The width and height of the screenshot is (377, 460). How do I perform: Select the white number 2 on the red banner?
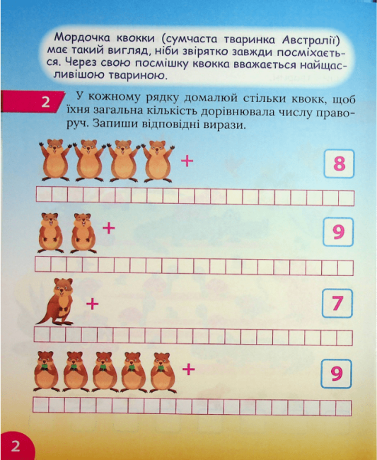pos(45,103)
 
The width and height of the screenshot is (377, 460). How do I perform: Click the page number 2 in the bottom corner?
pos(16,446)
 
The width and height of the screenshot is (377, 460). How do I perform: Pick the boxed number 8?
pos(340,163)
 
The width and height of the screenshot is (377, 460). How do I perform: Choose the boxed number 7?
pos(337,303)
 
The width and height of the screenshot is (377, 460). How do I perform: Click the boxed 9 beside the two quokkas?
pos(338,232)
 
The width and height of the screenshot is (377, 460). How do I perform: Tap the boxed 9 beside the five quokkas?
pos(336,374)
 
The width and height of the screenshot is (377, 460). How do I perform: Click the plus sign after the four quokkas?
pos(187,161)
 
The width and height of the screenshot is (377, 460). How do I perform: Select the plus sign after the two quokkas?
pos(109,229)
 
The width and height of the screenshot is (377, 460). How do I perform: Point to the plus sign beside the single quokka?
pos(93,304)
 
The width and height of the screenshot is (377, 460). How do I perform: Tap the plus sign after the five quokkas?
pos(188,369)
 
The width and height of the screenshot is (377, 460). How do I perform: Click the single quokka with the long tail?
pos(57,302)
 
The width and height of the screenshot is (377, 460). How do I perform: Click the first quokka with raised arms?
pos(55,161)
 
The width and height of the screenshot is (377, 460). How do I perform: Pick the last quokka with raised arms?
pos(158,161)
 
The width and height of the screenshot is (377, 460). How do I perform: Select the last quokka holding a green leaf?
pos(163,372)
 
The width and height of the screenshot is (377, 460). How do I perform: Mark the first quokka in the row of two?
pos(50,233)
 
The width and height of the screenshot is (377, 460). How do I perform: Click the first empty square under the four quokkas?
pos(44,194)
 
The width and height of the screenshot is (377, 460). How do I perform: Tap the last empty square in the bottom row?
pos(344,408)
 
